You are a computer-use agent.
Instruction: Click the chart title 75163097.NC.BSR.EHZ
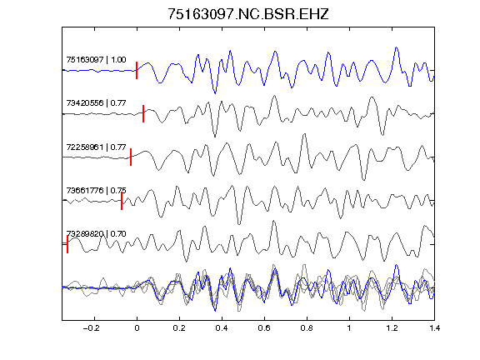pyautogui.click(x=248, y=14)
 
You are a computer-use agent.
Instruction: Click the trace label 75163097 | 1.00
pyautogui.click(x=96, y=59)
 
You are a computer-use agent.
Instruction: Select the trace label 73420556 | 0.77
pyautogui.click(x=96, y=102)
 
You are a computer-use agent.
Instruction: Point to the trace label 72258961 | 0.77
pyautogui.click(x=96, y=147)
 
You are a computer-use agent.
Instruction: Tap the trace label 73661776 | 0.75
pyautogui.click(x=96, y=190)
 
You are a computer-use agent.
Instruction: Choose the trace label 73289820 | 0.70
pyautogui.click(x=96, y=234)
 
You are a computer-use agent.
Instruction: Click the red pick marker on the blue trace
pyautogui.click(x=137, y=70)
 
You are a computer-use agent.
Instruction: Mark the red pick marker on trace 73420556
pyautogui.click(x=143, y=113)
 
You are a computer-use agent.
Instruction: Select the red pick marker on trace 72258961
pyautogui.click(x=131, y=157)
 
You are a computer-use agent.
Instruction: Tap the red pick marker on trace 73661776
pyautogui.click(x=122, y=201)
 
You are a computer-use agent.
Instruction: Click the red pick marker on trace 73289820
pyautogui.click(x=67, y=244)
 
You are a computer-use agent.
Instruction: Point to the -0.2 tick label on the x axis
pyautogui.click(x=91, y=328)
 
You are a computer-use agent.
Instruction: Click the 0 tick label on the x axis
pyautogui.click(x=137, y=328)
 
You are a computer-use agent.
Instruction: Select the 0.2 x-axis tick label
pyautogui.click(x=179, y=328)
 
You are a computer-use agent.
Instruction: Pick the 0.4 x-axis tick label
pyautogui.click(x=222, y=328)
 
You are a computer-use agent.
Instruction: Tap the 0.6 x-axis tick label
pyautogui.click(x=264, y=328)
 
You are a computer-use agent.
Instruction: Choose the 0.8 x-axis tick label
pyautogui.click(x=307, y=328)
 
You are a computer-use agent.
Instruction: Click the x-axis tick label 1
pyautogui.click(x=349, y=328)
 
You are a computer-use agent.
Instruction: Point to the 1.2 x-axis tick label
pyautogui.click(x=392, y=328)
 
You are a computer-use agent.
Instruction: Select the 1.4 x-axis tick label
pyautogui.click(x=434, y=328)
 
